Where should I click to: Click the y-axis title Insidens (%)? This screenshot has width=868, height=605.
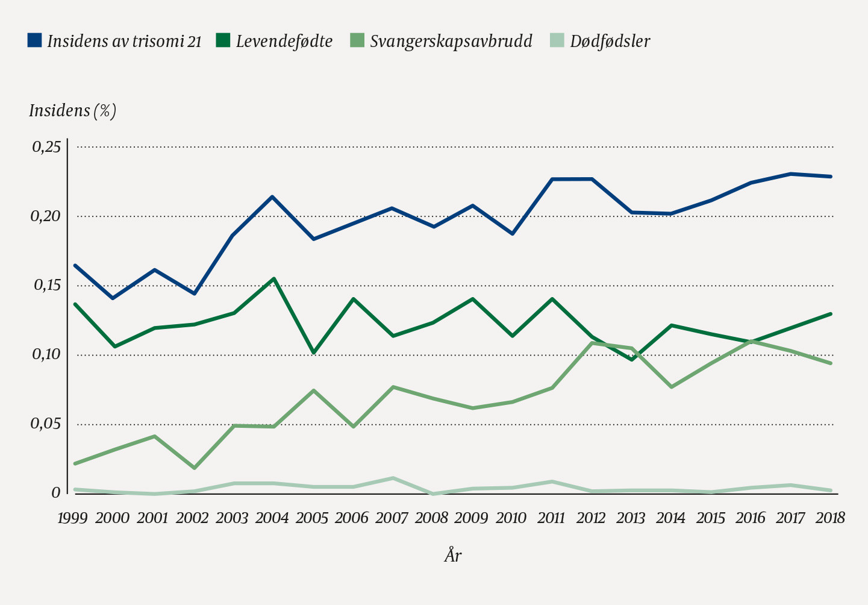pos(72,111)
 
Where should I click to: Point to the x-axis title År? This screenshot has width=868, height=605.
pos(453,555)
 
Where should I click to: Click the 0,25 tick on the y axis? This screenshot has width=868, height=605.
pos(46,147)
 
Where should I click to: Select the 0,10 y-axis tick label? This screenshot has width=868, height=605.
pos(46,354)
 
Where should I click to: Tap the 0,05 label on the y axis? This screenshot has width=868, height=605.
pos(46,424)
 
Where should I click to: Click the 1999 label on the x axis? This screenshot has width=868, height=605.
pos(73,518)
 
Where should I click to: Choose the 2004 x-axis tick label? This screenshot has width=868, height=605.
pos(272,518)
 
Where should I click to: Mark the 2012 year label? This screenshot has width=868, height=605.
pos(591,518)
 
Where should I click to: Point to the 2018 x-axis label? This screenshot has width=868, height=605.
pos(830,518)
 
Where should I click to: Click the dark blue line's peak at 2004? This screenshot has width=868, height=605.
pos(273,196)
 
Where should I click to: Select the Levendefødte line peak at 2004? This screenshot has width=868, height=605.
pos(273,278)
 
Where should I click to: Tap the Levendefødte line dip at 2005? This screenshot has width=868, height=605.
pos(313,353)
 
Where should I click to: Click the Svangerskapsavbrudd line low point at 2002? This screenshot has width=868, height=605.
pos(194,468)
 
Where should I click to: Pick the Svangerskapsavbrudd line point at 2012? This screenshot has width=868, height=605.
pos(592,343)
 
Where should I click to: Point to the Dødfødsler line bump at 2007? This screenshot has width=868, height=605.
pos(393,478)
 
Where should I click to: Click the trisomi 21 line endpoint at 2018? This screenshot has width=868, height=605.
pos(831,177)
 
